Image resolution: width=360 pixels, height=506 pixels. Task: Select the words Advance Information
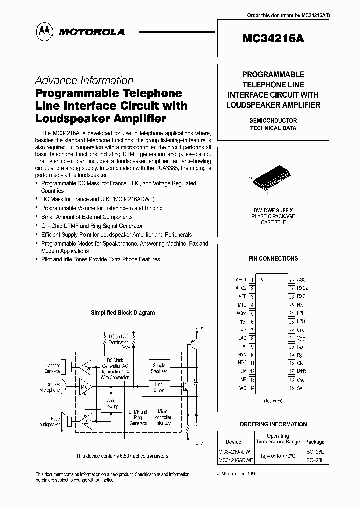click(84, 80)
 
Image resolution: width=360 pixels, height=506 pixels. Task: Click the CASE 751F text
click(272, 222)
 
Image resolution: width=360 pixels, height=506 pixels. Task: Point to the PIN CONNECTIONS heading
click(273, 258)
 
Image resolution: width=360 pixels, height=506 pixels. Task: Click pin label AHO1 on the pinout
click(241, 279)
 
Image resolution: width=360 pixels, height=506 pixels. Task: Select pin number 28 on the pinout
click(292, 279)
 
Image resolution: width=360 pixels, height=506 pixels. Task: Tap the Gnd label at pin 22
click(301, 330)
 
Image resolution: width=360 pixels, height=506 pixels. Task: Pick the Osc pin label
click(301, 380)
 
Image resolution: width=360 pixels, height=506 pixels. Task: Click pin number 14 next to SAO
click(253, 388)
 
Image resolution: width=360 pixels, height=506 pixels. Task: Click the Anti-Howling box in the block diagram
click(111, 404)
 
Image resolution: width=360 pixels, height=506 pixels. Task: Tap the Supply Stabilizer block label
click(158, 368)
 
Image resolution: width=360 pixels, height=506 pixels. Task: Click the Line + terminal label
click(200, 327)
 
